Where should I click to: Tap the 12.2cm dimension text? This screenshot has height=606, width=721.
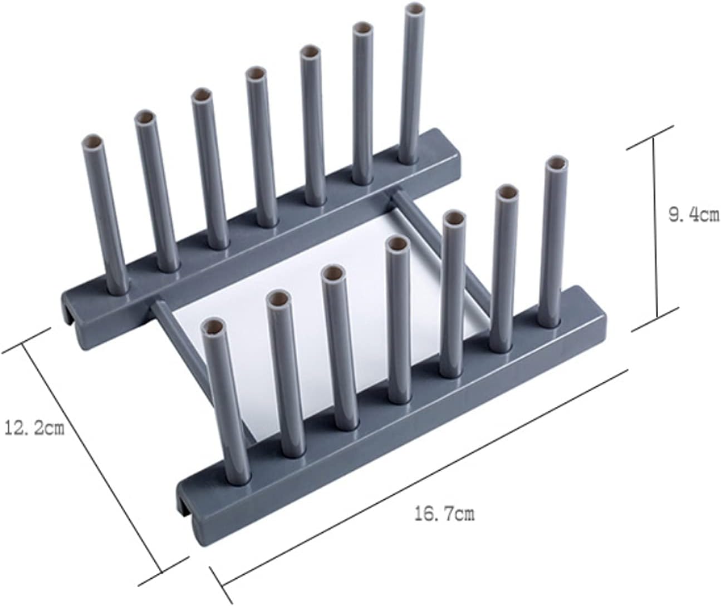[x=34, y=428]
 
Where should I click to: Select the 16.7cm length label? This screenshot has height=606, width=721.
[x=444, y=514]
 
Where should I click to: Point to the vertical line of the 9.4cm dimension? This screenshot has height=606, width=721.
[x=655, y=228]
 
